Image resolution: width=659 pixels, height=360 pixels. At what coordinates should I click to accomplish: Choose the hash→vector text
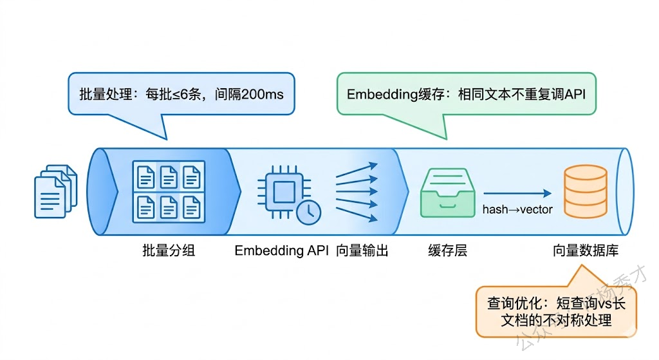[x=517, y=209]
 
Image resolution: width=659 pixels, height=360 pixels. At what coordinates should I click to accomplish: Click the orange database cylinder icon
[x=585, y=191]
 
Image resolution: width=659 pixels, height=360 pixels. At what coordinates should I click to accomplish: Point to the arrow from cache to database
[x=517, y=193]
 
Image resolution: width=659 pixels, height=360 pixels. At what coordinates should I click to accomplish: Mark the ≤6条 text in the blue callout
[x=184, y=94]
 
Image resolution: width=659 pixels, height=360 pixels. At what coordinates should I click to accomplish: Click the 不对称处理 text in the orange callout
[x=573, y=319]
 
